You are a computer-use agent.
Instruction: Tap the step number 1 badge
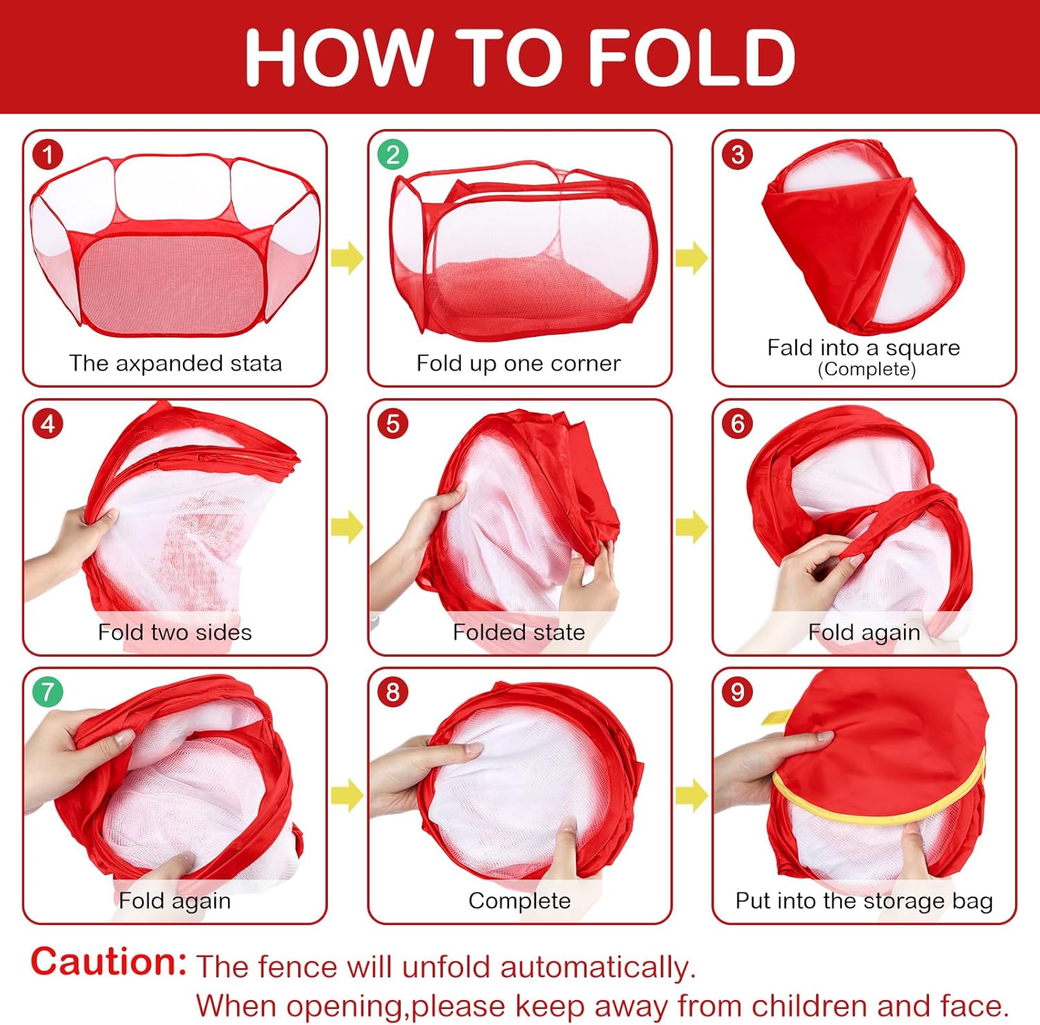point(48,154)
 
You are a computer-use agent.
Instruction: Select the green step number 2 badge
point(393,154)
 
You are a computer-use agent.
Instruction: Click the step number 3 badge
point(738,154)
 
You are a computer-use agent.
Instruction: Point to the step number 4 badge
point(48,423)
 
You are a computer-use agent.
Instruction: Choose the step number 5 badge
point(393,423)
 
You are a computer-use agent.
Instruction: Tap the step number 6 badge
point(738,423)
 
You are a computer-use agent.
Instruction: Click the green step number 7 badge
point(48,691)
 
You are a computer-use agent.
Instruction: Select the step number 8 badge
point(393,691)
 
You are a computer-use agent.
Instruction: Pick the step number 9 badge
point(738,691)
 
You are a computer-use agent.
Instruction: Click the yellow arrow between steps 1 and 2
point(347,258)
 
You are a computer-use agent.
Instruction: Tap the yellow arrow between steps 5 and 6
point(692,527)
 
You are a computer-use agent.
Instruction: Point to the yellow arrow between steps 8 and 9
point(692,795)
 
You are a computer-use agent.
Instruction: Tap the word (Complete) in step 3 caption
point(867,369)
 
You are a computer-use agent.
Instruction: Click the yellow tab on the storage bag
point(776,716)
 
